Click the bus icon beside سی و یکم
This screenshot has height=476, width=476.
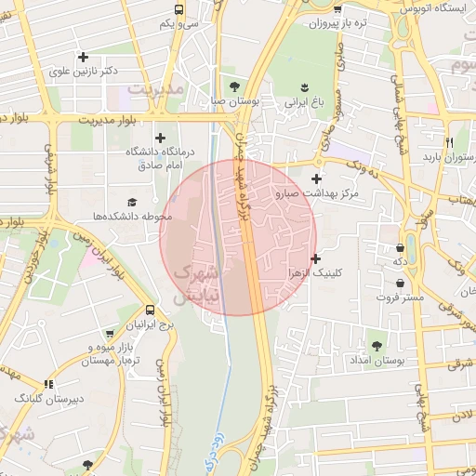(178, 9)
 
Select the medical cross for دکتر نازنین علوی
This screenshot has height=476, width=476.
(83, 56)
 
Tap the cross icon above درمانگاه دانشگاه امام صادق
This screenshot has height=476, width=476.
(159, 137)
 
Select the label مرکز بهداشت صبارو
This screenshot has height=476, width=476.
(317, 193)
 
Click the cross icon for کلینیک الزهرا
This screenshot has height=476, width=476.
(316, 258)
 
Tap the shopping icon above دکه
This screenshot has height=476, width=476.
(400, 247)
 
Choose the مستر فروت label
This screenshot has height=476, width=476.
(400, 297)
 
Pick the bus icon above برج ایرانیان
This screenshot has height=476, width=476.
(151, 311)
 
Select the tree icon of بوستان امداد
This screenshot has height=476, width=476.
(376, 346)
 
